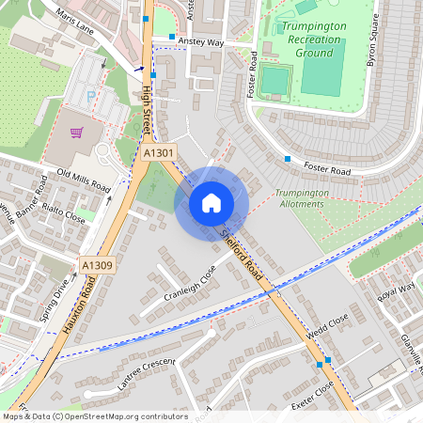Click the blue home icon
(211, 203)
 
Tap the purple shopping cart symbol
(77, 133)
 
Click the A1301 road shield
(159, 151)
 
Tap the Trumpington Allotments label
(302, 198)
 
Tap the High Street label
(146, 108)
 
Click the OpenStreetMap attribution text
(95, 415)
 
